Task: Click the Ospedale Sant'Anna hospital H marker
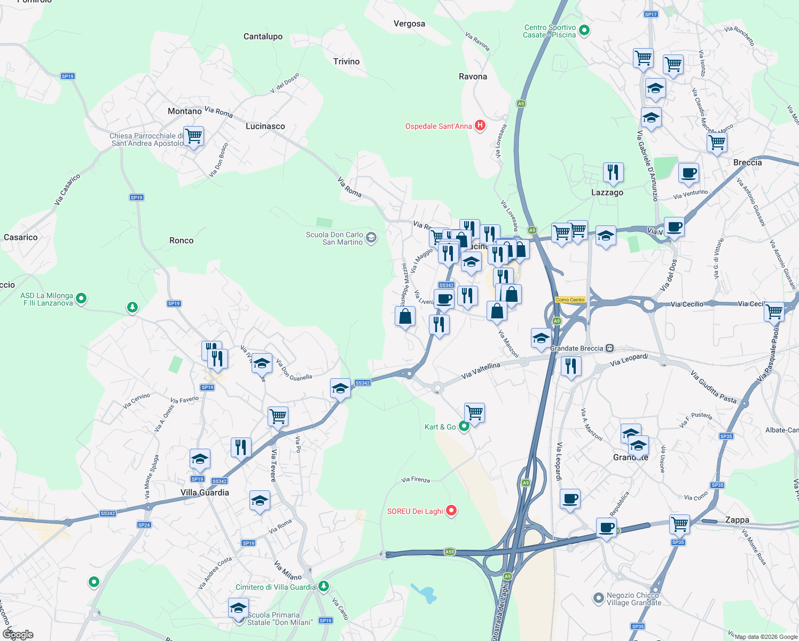[x=480, y=126]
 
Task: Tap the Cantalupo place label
[x=263, y=36]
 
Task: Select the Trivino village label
[x=346, y=61]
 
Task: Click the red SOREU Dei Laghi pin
[x=451, y=511]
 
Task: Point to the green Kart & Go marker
[x=464, y=426]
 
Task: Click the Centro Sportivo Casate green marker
[x=584, y=30]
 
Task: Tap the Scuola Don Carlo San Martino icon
[x=371, y=238]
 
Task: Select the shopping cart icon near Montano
[x=193, y=137]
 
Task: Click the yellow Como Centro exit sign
[x=570, y=300]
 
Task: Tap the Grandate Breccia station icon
[x=610, y=348]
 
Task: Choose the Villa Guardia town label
[x=205, y=493]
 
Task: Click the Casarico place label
[x=21, y=237]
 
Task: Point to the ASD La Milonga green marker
[x=81, y=299]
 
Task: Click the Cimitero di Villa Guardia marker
[x=323, y=587]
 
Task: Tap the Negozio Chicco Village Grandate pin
[x=598, y=598]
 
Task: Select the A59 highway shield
[x=449, y=552]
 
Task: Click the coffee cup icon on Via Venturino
[x=688, y=173]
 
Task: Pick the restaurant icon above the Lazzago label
[x=613, y=172]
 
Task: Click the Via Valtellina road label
[x=481, y=370]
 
